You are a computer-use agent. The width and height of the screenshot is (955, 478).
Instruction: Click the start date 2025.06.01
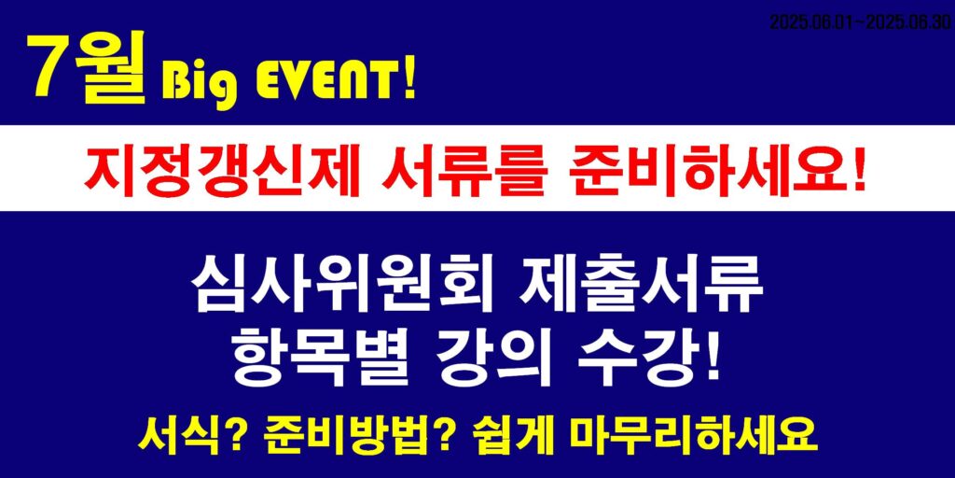pos(812,22)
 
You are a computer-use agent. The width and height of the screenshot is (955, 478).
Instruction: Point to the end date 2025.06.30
pos(907,22)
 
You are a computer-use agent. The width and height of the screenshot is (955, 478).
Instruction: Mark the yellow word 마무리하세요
pos(691,434)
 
